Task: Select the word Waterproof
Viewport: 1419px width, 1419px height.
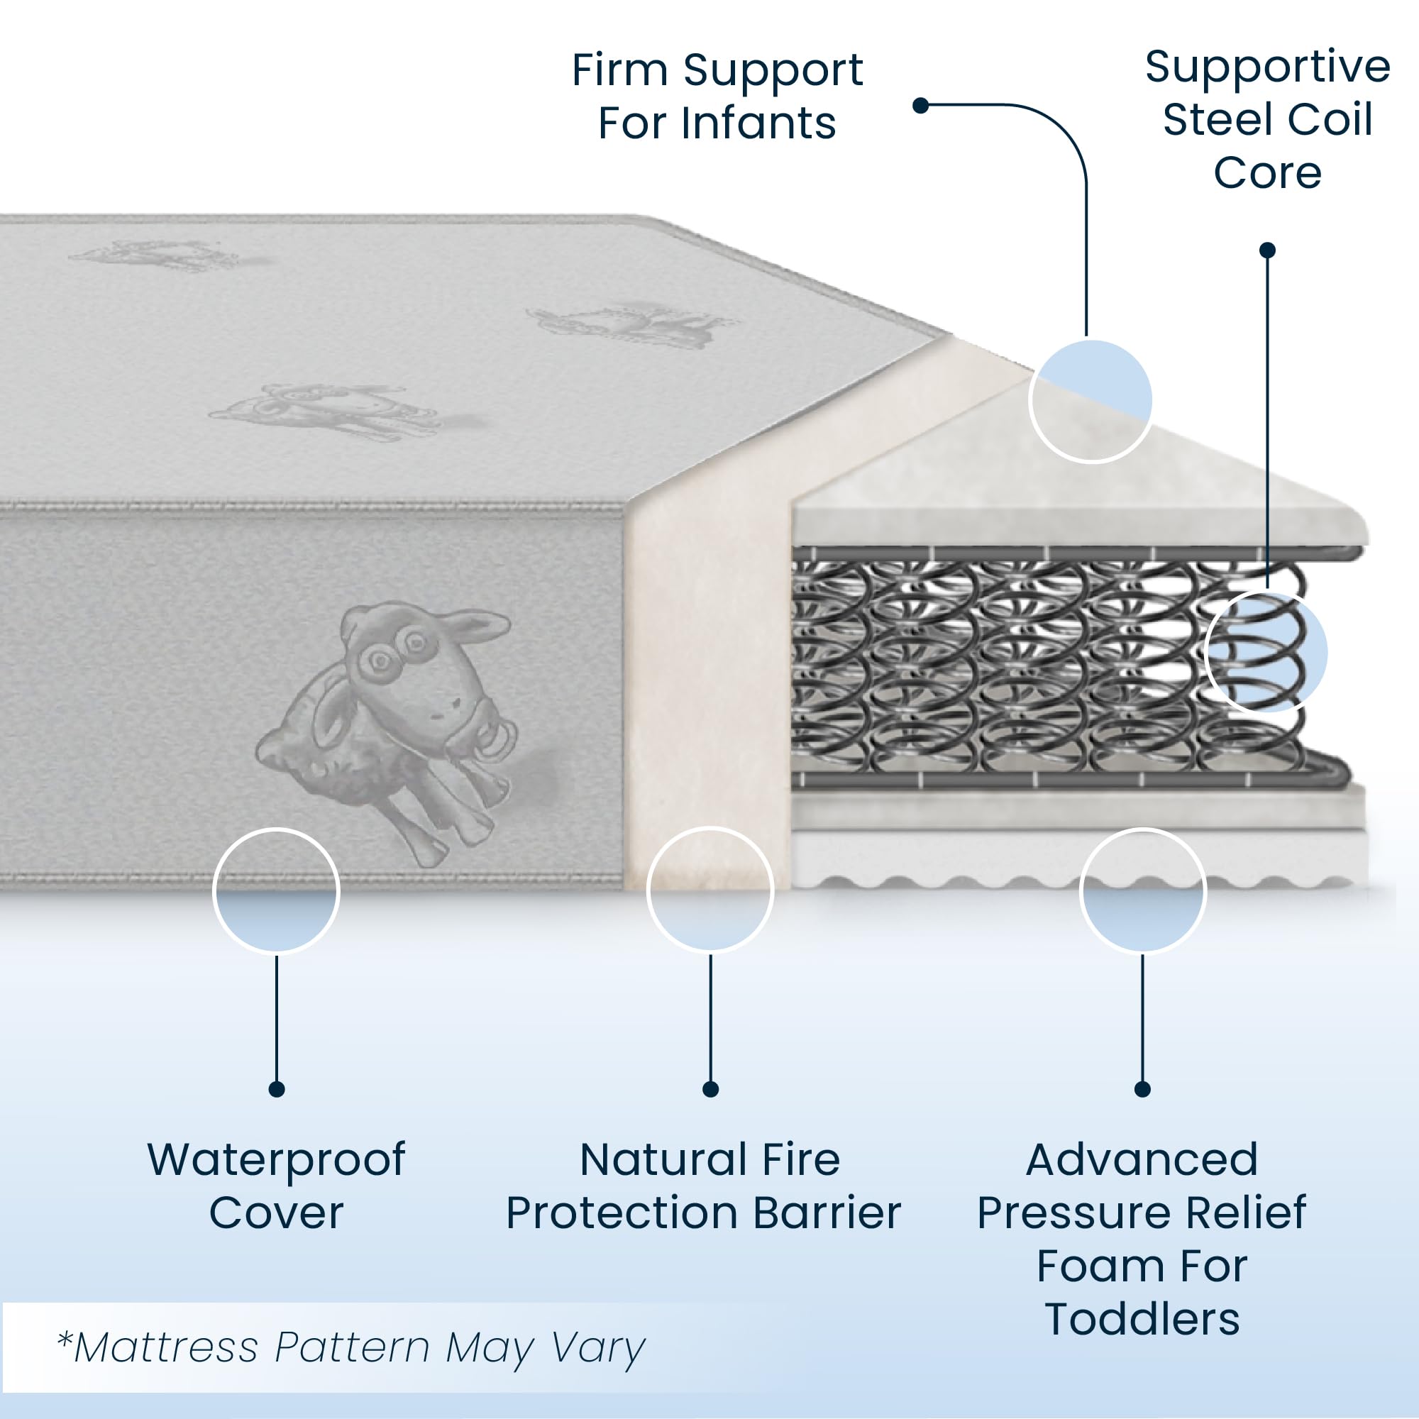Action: [276, 1159]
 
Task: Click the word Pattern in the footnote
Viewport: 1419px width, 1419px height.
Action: [352, 1348]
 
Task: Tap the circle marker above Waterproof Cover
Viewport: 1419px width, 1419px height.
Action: [276, 890]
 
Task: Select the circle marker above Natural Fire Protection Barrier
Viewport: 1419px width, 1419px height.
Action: [710, 890]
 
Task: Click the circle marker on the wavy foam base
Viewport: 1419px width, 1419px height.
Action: [1143, 890]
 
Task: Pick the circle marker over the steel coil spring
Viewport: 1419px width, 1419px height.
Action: [1266, 651]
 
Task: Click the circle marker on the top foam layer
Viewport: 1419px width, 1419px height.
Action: [1091, 401]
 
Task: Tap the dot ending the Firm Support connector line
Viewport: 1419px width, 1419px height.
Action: [920, 106]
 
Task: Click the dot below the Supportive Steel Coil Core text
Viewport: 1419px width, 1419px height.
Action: [1267, 250]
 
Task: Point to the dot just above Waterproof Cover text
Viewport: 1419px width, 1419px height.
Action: [276, 1089]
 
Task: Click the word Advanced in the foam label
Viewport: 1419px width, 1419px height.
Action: [1142, 1160]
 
